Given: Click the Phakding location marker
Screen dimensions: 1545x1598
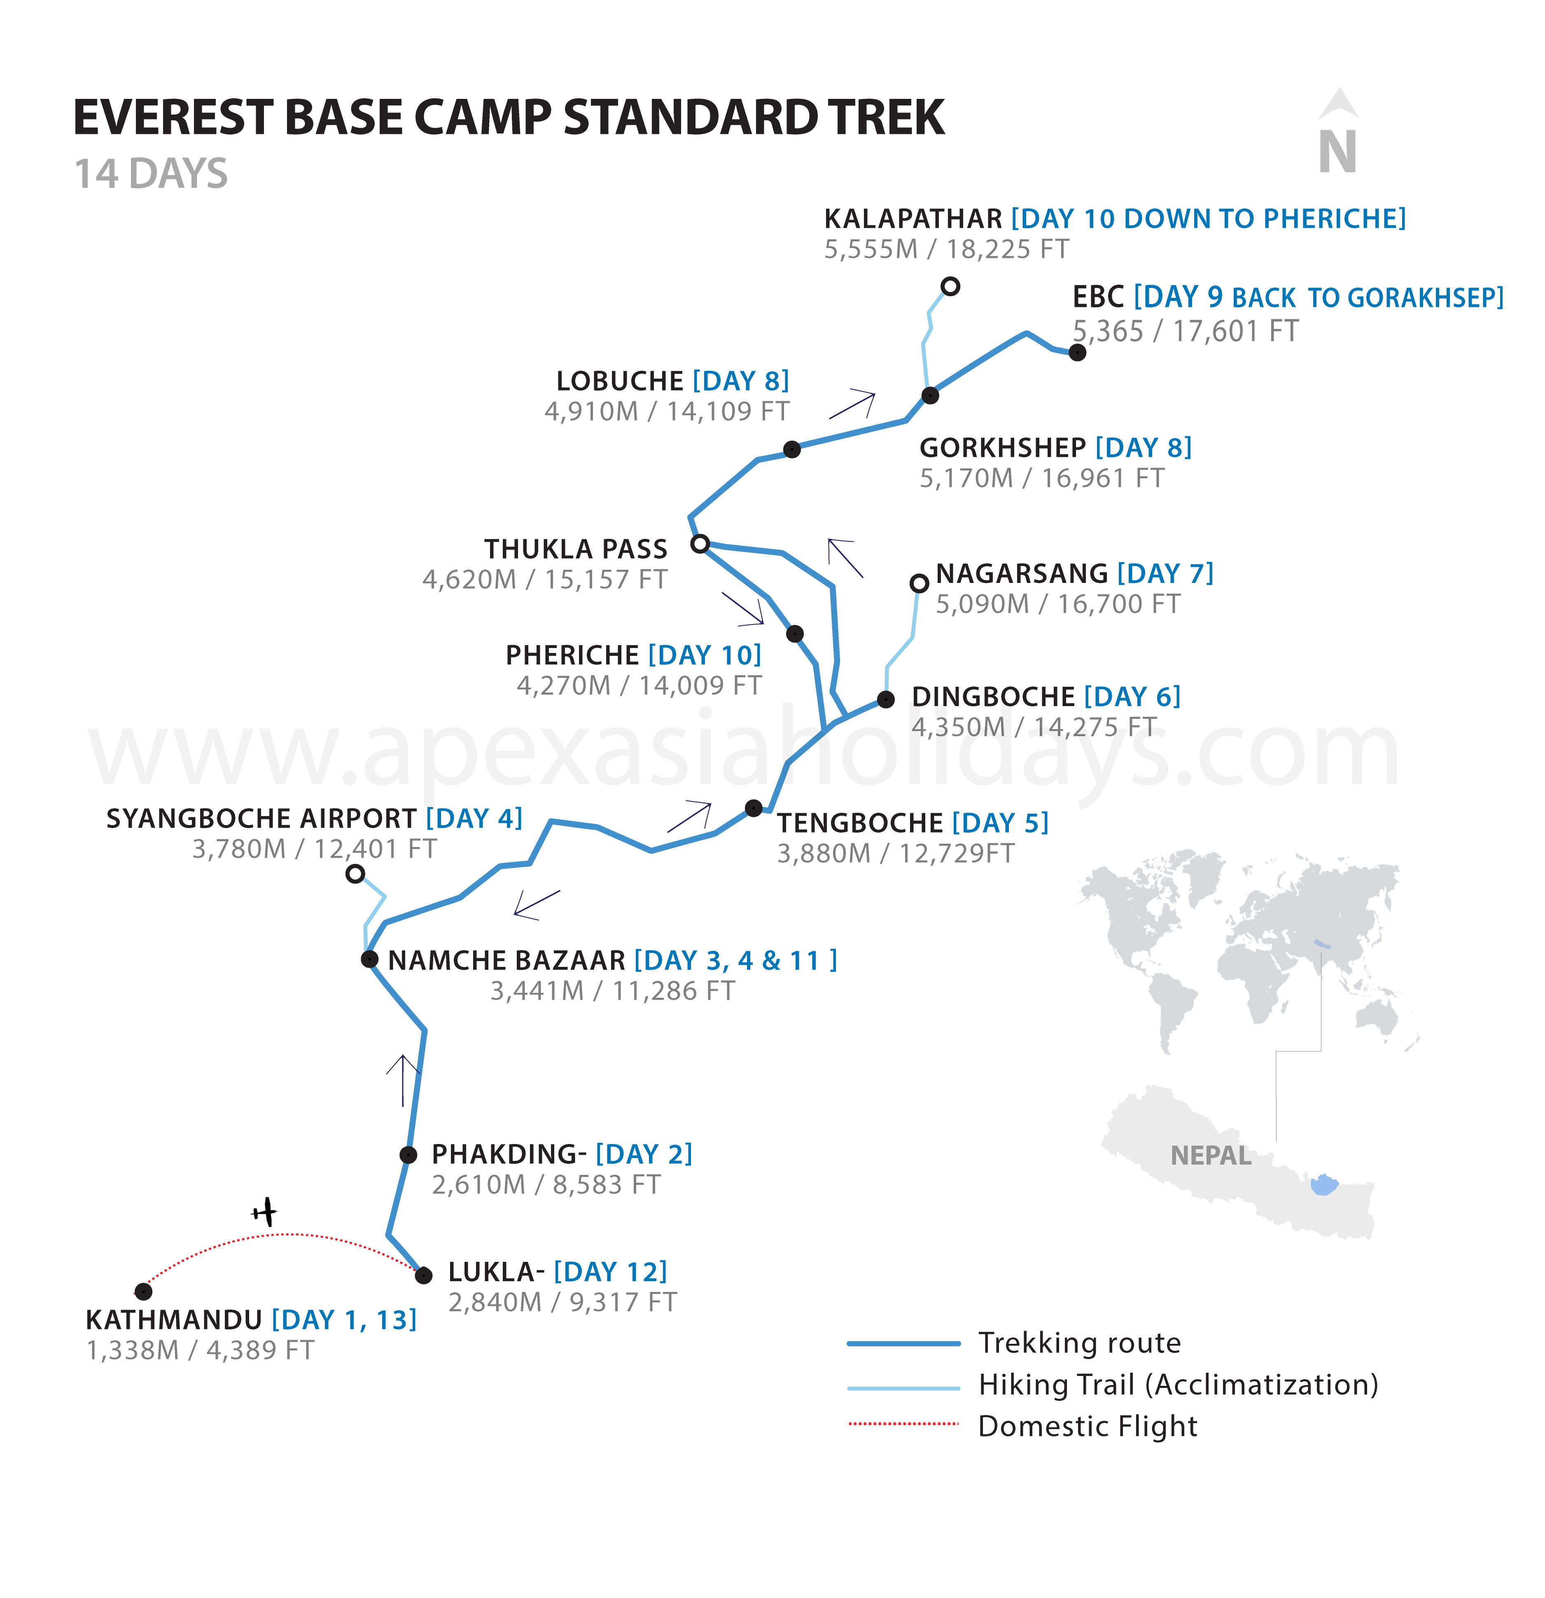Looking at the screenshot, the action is [408, 1154].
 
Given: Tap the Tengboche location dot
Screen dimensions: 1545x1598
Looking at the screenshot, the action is [754, 808].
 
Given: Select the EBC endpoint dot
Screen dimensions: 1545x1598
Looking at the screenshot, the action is [1077, 352].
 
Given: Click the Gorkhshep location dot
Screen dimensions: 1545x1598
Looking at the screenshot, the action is [930, 395].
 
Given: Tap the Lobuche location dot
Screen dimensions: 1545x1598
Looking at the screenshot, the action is [791, 449].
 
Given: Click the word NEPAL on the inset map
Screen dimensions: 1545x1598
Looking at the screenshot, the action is [1211, 1155].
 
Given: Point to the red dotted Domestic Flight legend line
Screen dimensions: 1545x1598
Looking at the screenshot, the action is [904, 1423].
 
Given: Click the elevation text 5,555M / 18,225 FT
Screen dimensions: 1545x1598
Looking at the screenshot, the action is [946, 249].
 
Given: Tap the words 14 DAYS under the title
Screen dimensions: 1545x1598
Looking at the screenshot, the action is [151, 174].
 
